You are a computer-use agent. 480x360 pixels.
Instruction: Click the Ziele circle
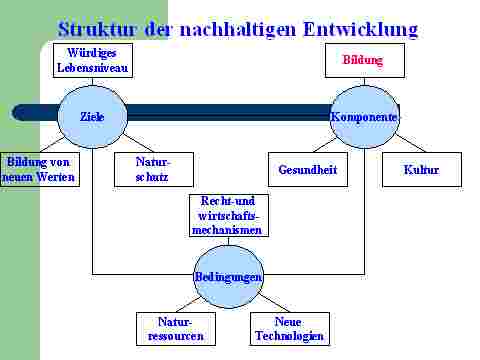click(x=92, y=117)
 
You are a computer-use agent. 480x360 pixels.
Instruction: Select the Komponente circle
click(x=365, y=117)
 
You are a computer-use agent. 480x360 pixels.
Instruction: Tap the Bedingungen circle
click(x=229, y=277)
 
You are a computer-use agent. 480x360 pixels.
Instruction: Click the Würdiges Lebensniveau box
click(x=93, y=60)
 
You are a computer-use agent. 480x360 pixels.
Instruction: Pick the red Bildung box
click(x=365, y=60)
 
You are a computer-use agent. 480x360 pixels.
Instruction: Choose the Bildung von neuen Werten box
click(x=40, y=169)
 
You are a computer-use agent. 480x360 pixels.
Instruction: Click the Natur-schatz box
click(x=154, y=169)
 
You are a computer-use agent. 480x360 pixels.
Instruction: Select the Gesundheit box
click(x=308, y=169)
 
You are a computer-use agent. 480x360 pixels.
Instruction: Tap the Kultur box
click(x=422, y=169)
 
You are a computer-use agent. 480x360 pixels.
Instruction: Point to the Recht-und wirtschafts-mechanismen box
click(x=229, y=215)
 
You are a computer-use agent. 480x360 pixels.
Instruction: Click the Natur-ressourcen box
click(x=176, y=329)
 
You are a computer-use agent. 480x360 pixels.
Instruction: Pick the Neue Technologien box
click(x=290, y=329)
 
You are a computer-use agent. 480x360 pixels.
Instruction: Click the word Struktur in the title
click(x=97, y=29)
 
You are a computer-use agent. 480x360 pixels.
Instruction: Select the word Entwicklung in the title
click(x=361, y=30)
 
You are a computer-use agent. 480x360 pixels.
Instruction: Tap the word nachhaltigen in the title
click(x=238, y=30)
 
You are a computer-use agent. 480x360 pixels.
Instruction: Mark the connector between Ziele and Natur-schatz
click(x=139, y=143)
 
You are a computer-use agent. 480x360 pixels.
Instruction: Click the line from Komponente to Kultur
click(x=411, y=143)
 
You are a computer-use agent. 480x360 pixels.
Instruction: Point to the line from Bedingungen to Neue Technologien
click(x=274, y=303)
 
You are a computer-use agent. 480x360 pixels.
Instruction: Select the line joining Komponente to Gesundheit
click(x=324, y=145)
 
